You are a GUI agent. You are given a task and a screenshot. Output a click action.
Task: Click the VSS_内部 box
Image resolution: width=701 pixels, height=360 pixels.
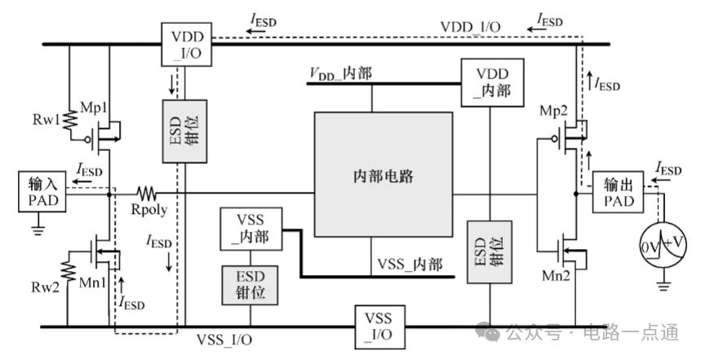pos(251,229)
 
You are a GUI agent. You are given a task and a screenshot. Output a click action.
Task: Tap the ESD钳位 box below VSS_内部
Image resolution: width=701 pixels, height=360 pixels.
pos(251,284)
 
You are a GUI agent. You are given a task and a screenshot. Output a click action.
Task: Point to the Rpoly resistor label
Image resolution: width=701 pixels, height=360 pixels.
pos(149,211)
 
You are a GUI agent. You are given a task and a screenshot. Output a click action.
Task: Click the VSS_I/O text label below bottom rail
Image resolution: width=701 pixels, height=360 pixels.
pos(224,340)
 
